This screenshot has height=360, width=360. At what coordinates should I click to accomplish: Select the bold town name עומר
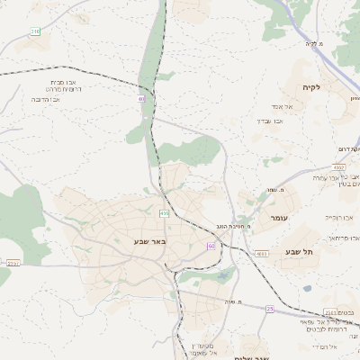(x=277, y=218)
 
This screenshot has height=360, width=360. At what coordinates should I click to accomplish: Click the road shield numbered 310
(x=34, y=31)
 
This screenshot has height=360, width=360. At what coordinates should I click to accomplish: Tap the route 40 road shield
(x=141, y=98)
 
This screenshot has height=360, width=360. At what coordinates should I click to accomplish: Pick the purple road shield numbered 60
(x=211, y=246)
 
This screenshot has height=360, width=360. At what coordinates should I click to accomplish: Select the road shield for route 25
(x=269, y=309)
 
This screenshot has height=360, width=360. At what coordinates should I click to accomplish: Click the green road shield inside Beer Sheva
(x=164, y=213)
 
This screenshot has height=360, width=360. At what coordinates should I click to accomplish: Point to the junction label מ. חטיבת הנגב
(x=233, y=226)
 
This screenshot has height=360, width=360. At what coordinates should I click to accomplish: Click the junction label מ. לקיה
(x=311, y=43)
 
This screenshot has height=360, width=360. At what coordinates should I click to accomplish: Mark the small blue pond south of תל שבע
(x=308, y=289)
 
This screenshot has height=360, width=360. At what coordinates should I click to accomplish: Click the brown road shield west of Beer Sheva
(x=13, y=264)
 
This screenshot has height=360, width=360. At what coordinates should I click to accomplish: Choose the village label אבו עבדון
(x=268, y=121)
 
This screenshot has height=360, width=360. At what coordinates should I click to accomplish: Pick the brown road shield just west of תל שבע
(x=262, y=254)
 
